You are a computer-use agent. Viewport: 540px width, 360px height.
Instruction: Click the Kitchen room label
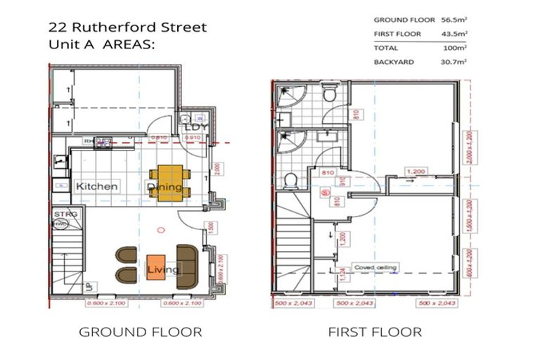tap(97, 187)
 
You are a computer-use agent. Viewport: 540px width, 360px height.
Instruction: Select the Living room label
tap(162, 269)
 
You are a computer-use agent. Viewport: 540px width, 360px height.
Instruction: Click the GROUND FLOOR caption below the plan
tap(140, 332)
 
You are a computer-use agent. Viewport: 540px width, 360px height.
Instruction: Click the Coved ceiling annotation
tap(375, 267)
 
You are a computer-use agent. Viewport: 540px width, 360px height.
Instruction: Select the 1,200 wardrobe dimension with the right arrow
tap(416, 171)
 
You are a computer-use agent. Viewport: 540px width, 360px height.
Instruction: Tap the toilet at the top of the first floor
tap(328, 96)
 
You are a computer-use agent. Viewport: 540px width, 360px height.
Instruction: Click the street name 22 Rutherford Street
tap(127, 28)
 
